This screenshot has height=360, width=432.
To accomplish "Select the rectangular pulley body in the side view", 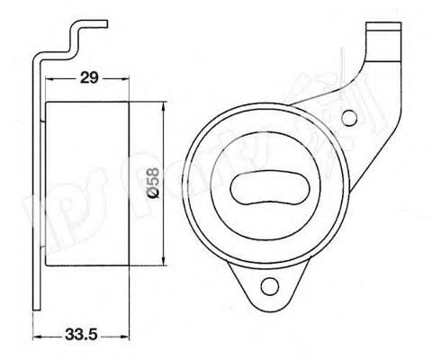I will [86, 184].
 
